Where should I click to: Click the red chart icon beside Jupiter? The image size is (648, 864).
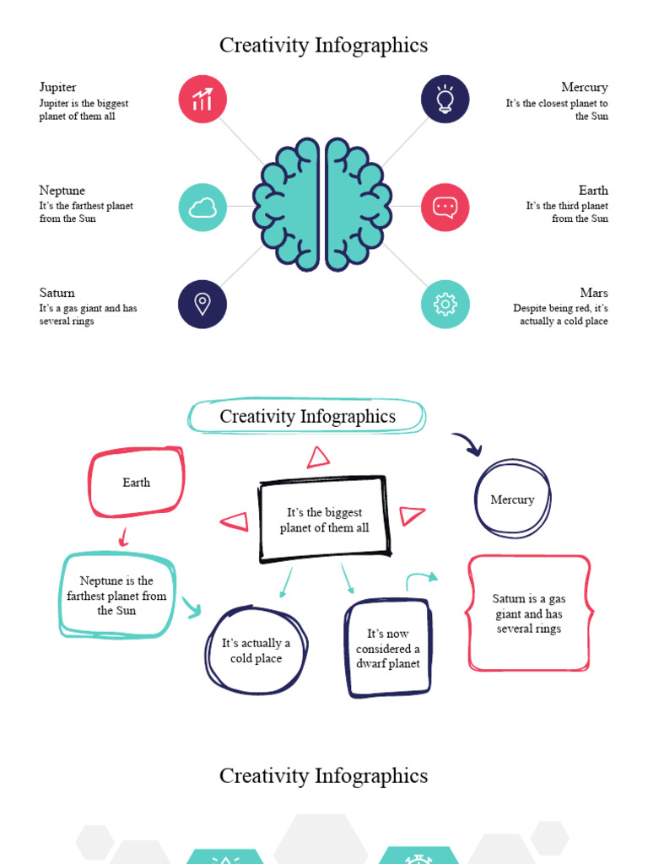[x=202, y=100]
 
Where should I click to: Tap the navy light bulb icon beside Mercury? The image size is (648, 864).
[x=445, y=100]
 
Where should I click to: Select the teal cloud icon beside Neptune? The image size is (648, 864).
[x=202, y=208]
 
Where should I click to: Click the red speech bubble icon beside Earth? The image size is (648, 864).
[x=445, y=208]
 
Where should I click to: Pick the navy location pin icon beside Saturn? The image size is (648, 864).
[x=202, y=305]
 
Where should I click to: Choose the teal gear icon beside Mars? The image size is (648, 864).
[x=445, y=305]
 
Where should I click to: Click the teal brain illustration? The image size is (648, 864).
[x=322, y=204]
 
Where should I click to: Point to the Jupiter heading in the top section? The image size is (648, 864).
[x=57, y=87]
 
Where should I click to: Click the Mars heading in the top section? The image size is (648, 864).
[x=594, y=293]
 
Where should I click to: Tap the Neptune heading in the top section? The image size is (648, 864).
[x=62, y=190]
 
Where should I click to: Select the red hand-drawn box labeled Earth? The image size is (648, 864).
[x=136, y=483]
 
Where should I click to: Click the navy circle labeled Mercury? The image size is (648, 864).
[x=512, y=499]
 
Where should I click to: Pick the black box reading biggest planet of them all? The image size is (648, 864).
[x=324, y=520]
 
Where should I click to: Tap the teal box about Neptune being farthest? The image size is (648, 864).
[x=117, y=596]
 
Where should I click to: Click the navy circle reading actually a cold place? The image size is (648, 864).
[x=256, y=651]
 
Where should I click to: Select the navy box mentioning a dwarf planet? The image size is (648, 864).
[x=387, y=649]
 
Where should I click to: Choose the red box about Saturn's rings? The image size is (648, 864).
[x=529, y=613]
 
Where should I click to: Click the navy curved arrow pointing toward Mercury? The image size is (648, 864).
[x=467, y=443]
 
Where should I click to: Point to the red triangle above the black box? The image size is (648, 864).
[x=318, y=457]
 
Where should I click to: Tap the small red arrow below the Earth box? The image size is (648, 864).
[x=123, y=537]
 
